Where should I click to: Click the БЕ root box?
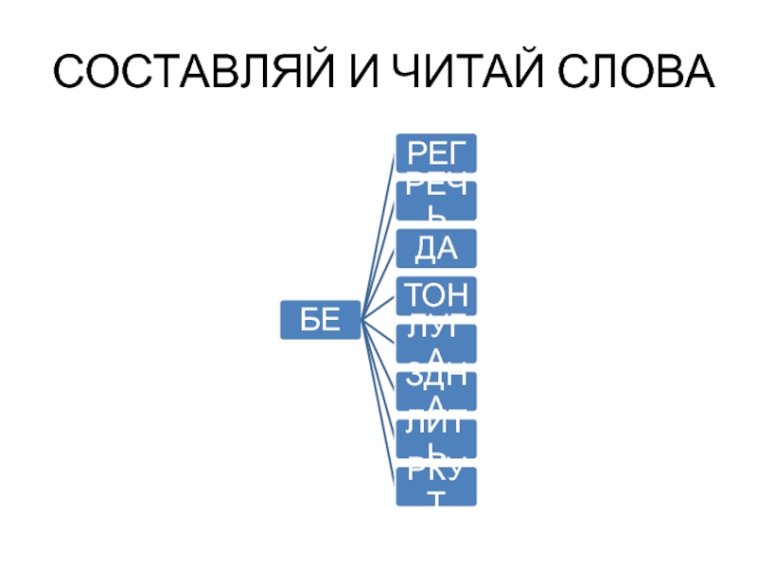[320, 320]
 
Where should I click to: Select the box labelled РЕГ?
[436, 152]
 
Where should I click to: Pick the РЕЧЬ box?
[436, 200]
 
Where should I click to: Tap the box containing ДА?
[436, 248]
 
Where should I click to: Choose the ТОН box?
[436, 295]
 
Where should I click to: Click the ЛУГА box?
[436, 343]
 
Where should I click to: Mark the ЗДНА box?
[436, 390]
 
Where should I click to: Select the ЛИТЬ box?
[436, 437]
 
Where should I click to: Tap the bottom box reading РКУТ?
[436, 485]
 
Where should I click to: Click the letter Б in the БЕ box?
[309, 320]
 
